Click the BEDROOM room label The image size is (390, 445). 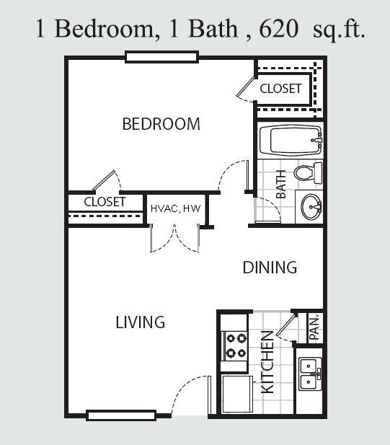point(161,124)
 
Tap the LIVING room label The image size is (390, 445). point(141,322)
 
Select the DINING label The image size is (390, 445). point(270,268)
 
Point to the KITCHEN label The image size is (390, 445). point(267,362)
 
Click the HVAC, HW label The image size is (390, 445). point(176,208)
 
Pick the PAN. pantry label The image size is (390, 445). point(314,328)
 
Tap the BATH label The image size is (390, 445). point(281,184)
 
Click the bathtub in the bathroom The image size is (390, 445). point(291,141)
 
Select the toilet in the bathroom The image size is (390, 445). point(308,173)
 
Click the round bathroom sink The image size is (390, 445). point(311,206)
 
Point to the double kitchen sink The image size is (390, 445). point(310,374)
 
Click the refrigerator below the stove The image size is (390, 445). point(237,394)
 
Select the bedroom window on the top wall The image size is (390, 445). point(161,57)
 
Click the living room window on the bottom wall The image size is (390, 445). point(121,415)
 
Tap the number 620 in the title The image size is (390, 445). point(278,29)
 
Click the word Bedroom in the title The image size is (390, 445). point(104,29)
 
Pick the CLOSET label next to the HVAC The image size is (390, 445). point(105,202)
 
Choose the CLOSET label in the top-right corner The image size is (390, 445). point(280,89)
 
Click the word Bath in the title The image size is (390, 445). point(213,29)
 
